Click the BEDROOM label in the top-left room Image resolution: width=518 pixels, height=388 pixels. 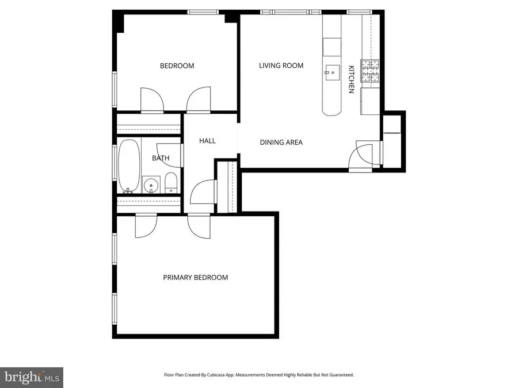click(x=177, y=66)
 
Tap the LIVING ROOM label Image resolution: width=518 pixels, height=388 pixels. click(x=281, y=66)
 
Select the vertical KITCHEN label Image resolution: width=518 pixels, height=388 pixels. click(x=351, y=79)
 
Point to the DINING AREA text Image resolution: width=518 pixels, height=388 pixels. click(x=281, y=143)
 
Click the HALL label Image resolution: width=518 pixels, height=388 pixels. click(x=207, y=141)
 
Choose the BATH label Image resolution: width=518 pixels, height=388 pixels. click(x=161, y=158)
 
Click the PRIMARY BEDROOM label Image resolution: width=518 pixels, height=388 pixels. click(x=195, y=278)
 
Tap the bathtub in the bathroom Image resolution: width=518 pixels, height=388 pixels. click(x=128, y=166)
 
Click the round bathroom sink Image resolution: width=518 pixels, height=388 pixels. click(x=151, y=185)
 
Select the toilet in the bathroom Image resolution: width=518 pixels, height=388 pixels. click(x=171, y=183)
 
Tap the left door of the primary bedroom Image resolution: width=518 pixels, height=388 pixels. click(x=146, y=225)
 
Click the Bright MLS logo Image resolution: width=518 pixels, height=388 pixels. click(x=32, y=377)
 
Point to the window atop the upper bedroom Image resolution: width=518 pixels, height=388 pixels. click(x=203, y=11)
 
